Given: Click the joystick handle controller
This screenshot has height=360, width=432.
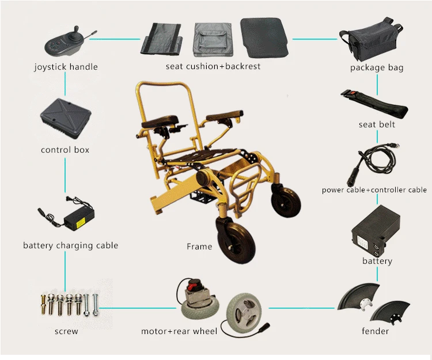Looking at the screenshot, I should click(64, 41).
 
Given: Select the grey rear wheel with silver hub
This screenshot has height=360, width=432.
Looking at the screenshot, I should click(245, 314).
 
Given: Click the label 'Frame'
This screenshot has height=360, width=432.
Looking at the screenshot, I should click(199, 247).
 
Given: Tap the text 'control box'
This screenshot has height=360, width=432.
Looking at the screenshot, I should click(65, 150).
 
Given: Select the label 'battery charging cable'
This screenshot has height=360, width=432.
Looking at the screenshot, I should click(70, 245).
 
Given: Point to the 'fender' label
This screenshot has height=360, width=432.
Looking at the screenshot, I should click(375, 331).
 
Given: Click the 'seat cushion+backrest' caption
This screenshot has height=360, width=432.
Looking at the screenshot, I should click(213, 66).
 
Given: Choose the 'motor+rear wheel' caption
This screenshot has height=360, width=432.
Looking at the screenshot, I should click(179, 331).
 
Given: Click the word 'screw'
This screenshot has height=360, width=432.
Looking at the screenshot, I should click(66, 331).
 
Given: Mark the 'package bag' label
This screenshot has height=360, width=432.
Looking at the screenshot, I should click(377, 68).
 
